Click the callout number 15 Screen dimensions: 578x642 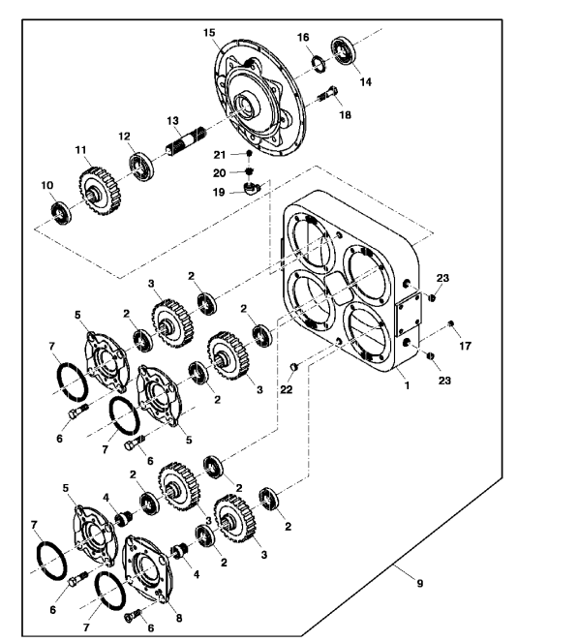pyautogui.click(x=209, y=33)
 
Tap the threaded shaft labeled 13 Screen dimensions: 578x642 pyautogui.click(x=186, y=141)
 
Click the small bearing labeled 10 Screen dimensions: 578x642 pyautogui.click(x=61, y=213)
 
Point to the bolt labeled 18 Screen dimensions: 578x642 pyautogui.click(x=327, y=96)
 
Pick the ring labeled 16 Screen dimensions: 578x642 pyautogui.click(x=319, y=64)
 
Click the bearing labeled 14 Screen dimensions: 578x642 pyautogui.click(x=345, y=50)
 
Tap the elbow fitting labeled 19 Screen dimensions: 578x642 pyautogui.click(x=252, y=189)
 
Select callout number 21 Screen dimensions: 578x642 pyautogui.click(x=220, y=155)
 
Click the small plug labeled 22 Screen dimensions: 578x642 pyautogui.click(x=294, y=367)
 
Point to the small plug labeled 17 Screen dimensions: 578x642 pyautogui.click(x=451, y=323)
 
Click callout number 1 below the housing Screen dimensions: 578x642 pyautogui.click(x=407, y=385)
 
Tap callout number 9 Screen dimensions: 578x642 pyautogui.click(x=420, y=583)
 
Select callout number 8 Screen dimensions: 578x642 pyautogui.click(x=179, y=618)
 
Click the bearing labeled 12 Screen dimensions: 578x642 pyautogui.click(x=141, y=167)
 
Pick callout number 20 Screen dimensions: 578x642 pyautogui.click(x=219, y=173)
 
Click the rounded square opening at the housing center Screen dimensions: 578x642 pyautogui.click(x=340, y=289)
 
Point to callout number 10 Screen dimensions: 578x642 pyautogui.click(x=47, y=185)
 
